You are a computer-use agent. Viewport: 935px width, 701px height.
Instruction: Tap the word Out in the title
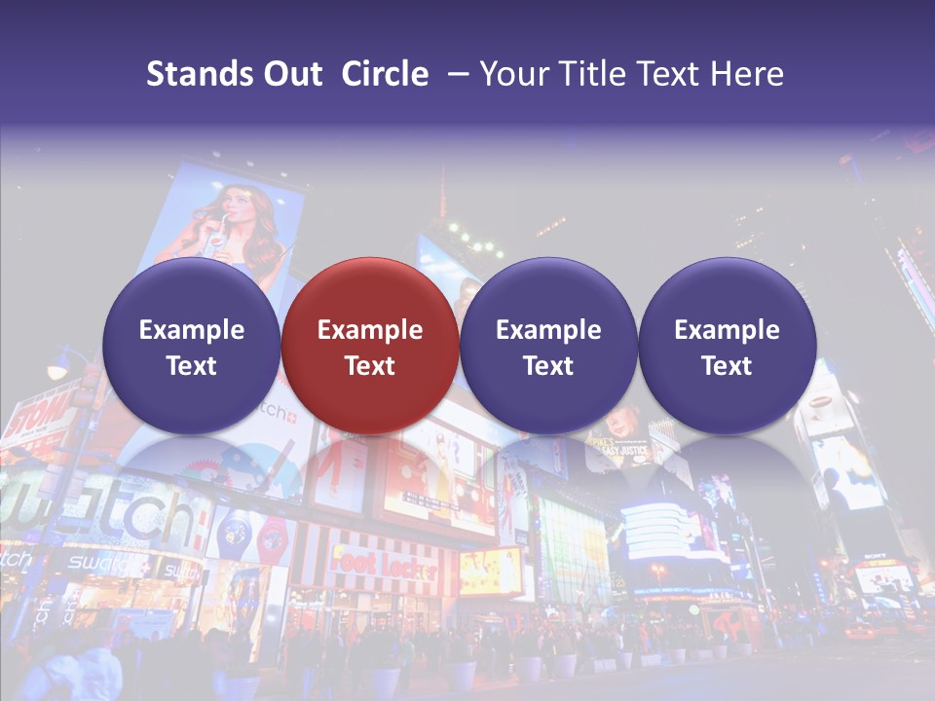pos(290,74)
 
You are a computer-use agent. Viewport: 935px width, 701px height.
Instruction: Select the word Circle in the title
pos(385,74)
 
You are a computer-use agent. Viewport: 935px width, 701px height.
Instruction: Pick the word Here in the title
pos(748,74)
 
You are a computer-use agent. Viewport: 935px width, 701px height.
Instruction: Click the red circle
pos(370,346)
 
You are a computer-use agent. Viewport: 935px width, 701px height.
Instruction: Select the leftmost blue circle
pos(192,346)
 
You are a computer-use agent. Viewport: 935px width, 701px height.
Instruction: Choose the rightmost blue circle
pos(727,346)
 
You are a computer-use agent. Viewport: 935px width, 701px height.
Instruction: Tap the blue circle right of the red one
pos(548,346)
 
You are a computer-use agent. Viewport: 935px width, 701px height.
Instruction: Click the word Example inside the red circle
pos(370,330)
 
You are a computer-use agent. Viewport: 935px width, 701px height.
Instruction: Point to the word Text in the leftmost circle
pos(192,366)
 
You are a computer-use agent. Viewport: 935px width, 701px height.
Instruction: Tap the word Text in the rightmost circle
pos(727,366)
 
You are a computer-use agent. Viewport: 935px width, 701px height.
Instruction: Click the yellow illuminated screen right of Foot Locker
pos(491,572)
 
